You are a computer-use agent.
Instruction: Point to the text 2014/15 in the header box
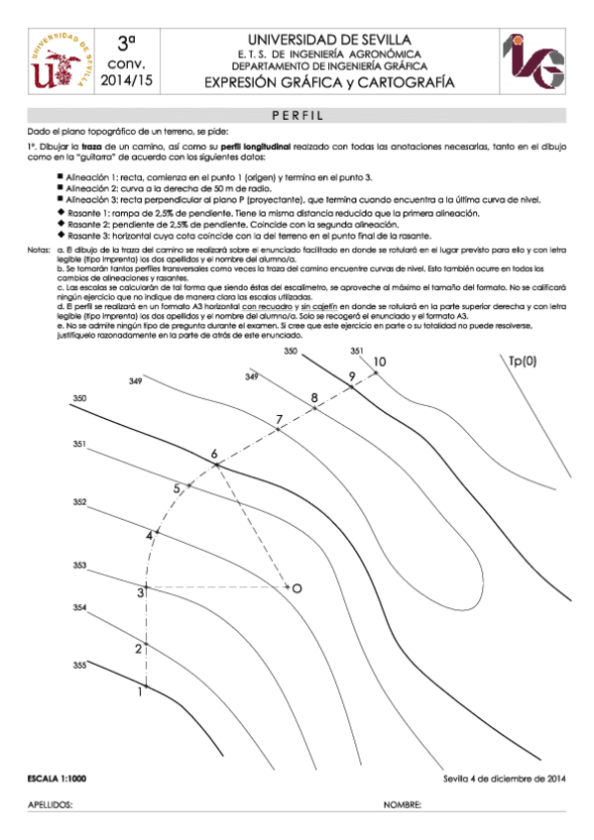[x=125, y=79]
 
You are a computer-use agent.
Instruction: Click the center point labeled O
[x=297, y=588]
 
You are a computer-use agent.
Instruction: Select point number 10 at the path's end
[x=379, y=363]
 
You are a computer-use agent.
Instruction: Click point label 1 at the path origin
[x=140, y=692]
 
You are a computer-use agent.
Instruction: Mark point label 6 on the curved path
[x=213, y=454]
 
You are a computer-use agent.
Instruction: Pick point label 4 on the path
[x=150, y=535]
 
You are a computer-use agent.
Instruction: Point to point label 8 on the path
[x=314, y=398]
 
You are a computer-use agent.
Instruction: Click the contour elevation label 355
[x=79, y=666]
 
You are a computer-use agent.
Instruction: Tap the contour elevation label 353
[x=79, y=565]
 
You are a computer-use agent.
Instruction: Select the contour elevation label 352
[x=79, y=502]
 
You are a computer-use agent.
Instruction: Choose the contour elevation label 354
[x=79, y=606]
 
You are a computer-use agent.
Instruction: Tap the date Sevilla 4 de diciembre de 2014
[x=504, y=779]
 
